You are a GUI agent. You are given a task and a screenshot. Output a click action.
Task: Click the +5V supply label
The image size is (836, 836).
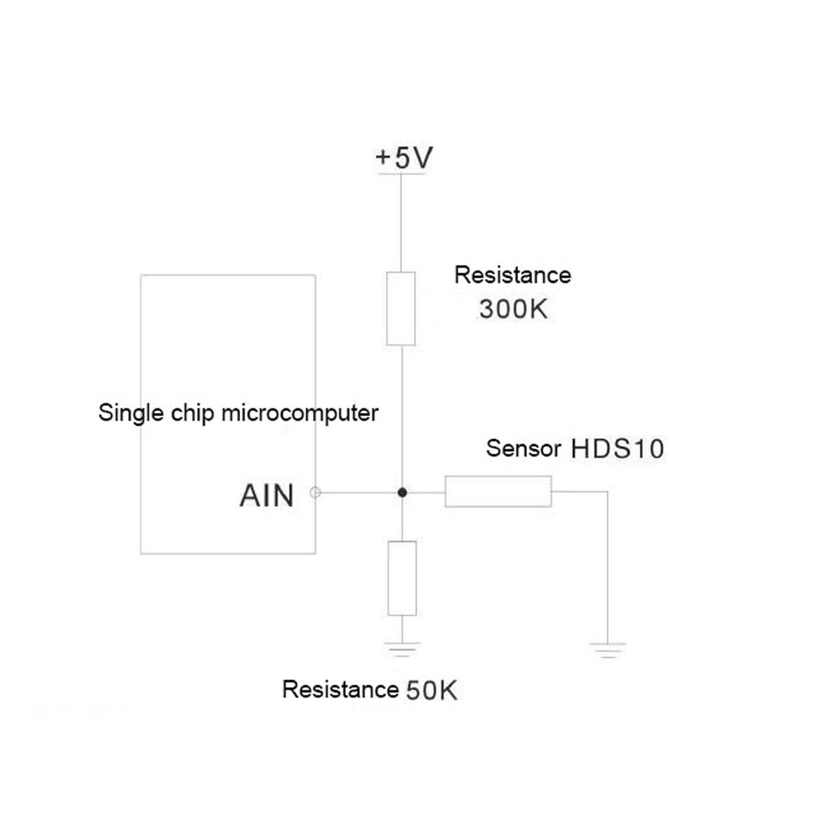404,158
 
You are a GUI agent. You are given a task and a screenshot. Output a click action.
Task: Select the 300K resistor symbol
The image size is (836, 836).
401,308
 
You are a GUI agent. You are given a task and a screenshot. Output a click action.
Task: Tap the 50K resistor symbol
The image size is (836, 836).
402,578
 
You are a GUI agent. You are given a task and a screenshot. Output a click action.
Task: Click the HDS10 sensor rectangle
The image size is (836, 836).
498,491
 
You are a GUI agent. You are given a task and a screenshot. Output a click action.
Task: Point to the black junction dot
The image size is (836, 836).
402,492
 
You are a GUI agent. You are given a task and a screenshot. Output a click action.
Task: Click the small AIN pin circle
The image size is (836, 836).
315,492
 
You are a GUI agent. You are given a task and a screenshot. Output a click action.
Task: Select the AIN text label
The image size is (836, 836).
266,495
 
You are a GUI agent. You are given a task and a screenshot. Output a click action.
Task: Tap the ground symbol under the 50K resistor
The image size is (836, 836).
402,649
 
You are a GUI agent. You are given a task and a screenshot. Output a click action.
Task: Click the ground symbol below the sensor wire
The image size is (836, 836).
608,649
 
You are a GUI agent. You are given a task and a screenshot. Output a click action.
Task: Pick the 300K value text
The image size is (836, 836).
513,309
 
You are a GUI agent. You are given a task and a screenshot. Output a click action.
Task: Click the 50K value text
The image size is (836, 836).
432,690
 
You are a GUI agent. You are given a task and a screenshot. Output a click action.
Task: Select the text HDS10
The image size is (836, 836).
617,449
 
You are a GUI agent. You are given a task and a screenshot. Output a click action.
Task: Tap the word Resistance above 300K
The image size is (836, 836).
513,275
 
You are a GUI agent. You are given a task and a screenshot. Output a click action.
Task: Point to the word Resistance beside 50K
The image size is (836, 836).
340,689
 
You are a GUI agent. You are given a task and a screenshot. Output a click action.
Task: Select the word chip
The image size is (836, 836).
192,413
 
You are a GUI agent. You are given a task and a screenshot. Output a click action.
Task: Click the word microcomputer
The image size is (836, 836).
300,413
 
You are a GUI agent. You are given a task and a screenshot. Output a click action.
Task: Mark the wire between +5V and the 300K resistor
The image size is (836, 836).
401,222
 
